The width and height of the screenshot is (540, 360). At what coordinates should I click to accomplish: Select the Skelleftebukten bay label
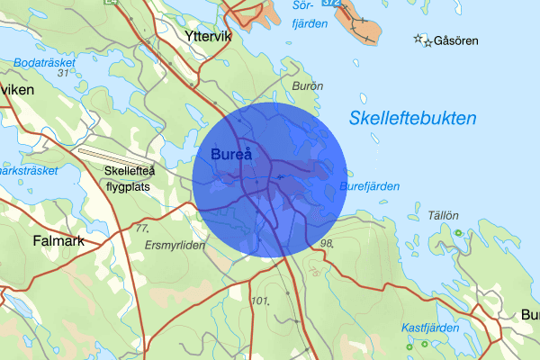coord(413,119)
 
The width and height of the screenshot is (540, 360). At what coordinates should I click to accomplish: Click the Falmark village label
coord(58,241)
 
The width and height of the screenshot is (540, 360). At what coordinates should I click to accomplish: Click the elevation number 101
coord(262,300)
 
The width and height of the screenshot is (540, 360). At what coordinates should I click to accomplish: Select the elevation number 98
coord(326,243)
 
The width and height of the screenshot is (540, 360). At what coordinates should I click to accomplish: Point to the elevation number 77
coord(141,229)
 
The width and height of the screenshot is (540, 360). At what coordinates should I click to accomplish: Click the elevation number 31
coord(63,74)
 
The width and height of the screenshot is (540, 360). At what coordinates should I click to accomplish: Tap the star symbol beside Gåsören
coord(419,39)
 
